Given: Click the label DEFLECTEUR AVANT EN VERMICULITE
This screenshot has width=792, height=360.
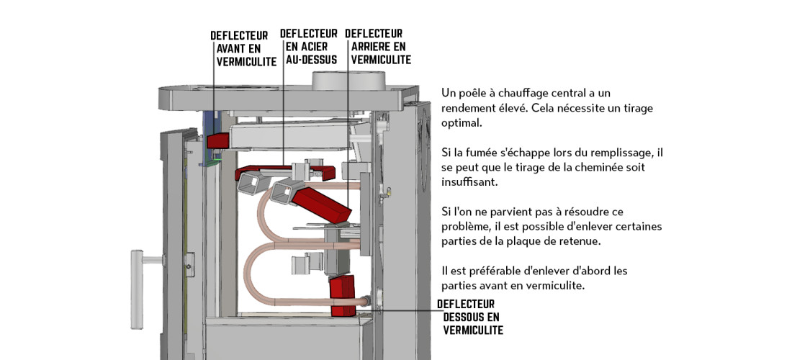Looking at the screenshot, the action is pyautogui.click(x=243, y=49).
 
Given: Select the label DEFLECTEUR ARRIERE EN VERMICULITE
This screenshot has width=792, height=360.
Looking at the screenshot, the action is pyautogui.click(x=378, y=47).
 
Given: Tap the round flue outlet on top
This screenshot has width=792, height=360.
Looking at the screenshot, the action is pyautogui.click(x=348, y=81).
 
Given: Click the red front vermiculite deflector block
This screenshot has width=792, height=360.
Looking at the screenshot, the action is pyautogui.click(x=218, y=140).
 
